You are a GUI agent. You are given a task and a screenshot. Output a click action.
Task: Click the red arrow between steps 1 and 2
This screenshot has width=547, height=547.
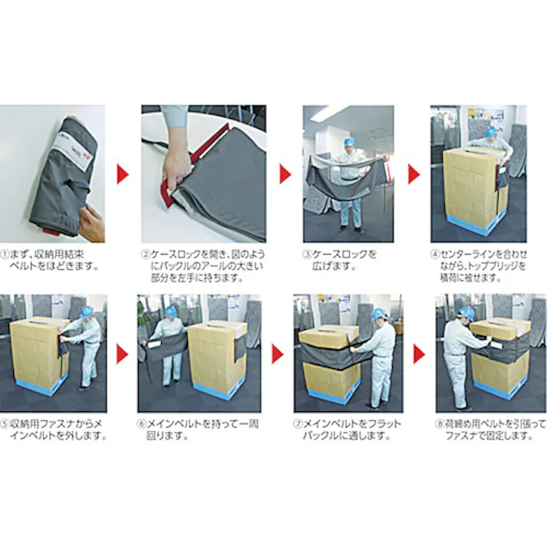[123, 174]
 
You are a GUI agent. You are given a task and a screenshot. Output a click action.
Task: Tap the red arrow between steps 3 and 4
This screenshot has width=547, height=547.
[413, 174]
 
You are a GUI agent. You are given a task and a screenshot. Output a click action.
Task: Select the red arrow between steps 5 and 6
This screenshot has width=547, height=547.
[123, 353]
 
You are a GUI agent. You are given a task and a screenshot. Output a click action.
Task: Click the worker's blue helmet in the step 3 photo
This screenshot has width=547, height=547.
[348, 143]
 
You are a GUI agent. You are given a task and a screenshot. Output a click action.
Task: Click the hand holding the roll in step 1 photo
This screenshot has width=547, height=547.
[92, 223]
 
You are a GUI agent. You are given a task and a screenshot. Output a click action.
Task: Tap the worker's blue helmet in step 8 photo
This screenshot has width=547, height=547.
[466, 313]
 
